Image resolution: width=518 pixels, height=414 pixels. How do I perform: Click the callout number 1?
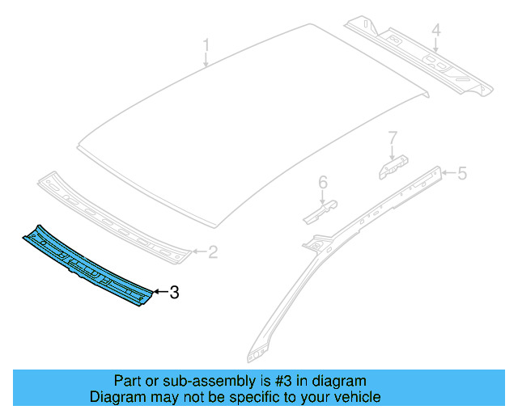(x=206, y=44)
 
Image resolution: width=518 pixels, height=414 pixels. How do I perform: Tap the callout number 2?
(x=212, y=253)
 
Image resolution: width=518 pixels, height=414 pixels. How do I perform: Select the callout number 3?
(x=173, y=293)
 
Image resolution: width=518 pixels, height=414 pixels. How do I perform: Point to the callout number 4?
(x=435, y=32)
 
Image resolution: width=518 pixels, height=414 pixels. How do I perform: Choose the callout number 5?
(x=462, y=172)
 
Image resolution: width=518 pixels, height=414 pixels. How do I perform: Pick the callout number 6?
(x=322, y=183)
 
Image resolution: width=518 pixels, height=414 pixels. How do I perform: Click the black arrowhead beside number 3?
(x=157, y=293)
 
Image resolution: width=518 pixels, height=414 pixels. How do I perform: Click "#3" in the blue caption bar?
(x=284, y=381)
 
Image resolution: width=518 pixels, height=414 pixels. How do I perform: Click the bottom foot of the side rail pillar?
(x=257, y=354)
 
